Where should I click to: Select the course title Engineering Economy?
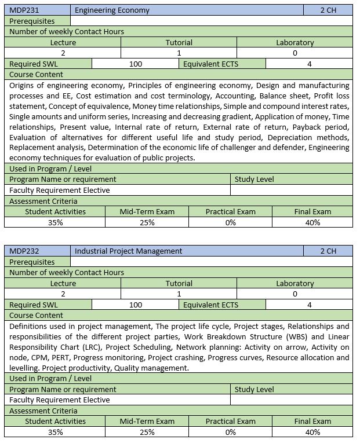pyautogui.click(x=112, y=10)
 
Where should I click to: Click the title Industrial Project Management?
pyautogui.click(x=128, y=251)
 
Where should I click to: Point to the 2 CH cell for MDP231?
pyautogui.click(x=328, y=10)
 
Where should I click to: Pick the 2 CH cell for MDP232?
pyautogui.click(x=328, y=251)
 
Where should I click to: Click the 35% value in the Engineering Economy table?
pyautogui.click(x=55, y=222)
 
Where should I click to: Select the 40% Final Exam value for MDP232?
pyautogui.click(x=312, y=432)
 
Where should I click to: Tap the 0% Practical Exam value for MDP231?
pyautogui.click(x=230, y=222)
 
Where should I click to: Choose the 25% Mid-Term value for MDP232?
pyautogui.click(x=147, y=432)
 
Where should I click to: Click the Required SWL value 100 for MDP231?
pyautogui.click(x=135, y=64)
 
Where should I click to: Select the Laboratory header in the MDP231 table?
pyautogui.click(x=294, y=42)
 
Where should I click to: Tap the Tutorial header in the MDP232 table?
pyautogui.click(x=179, y=283)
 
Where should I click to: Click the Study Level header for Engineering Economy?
pyautogui.click(x=254, y=180)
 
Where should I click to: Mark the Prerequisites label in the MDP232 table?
pyautogui.click(x=32, y=262)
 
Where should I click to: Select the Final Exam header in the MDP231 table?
pyautogui.click(x=312, y=211)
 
